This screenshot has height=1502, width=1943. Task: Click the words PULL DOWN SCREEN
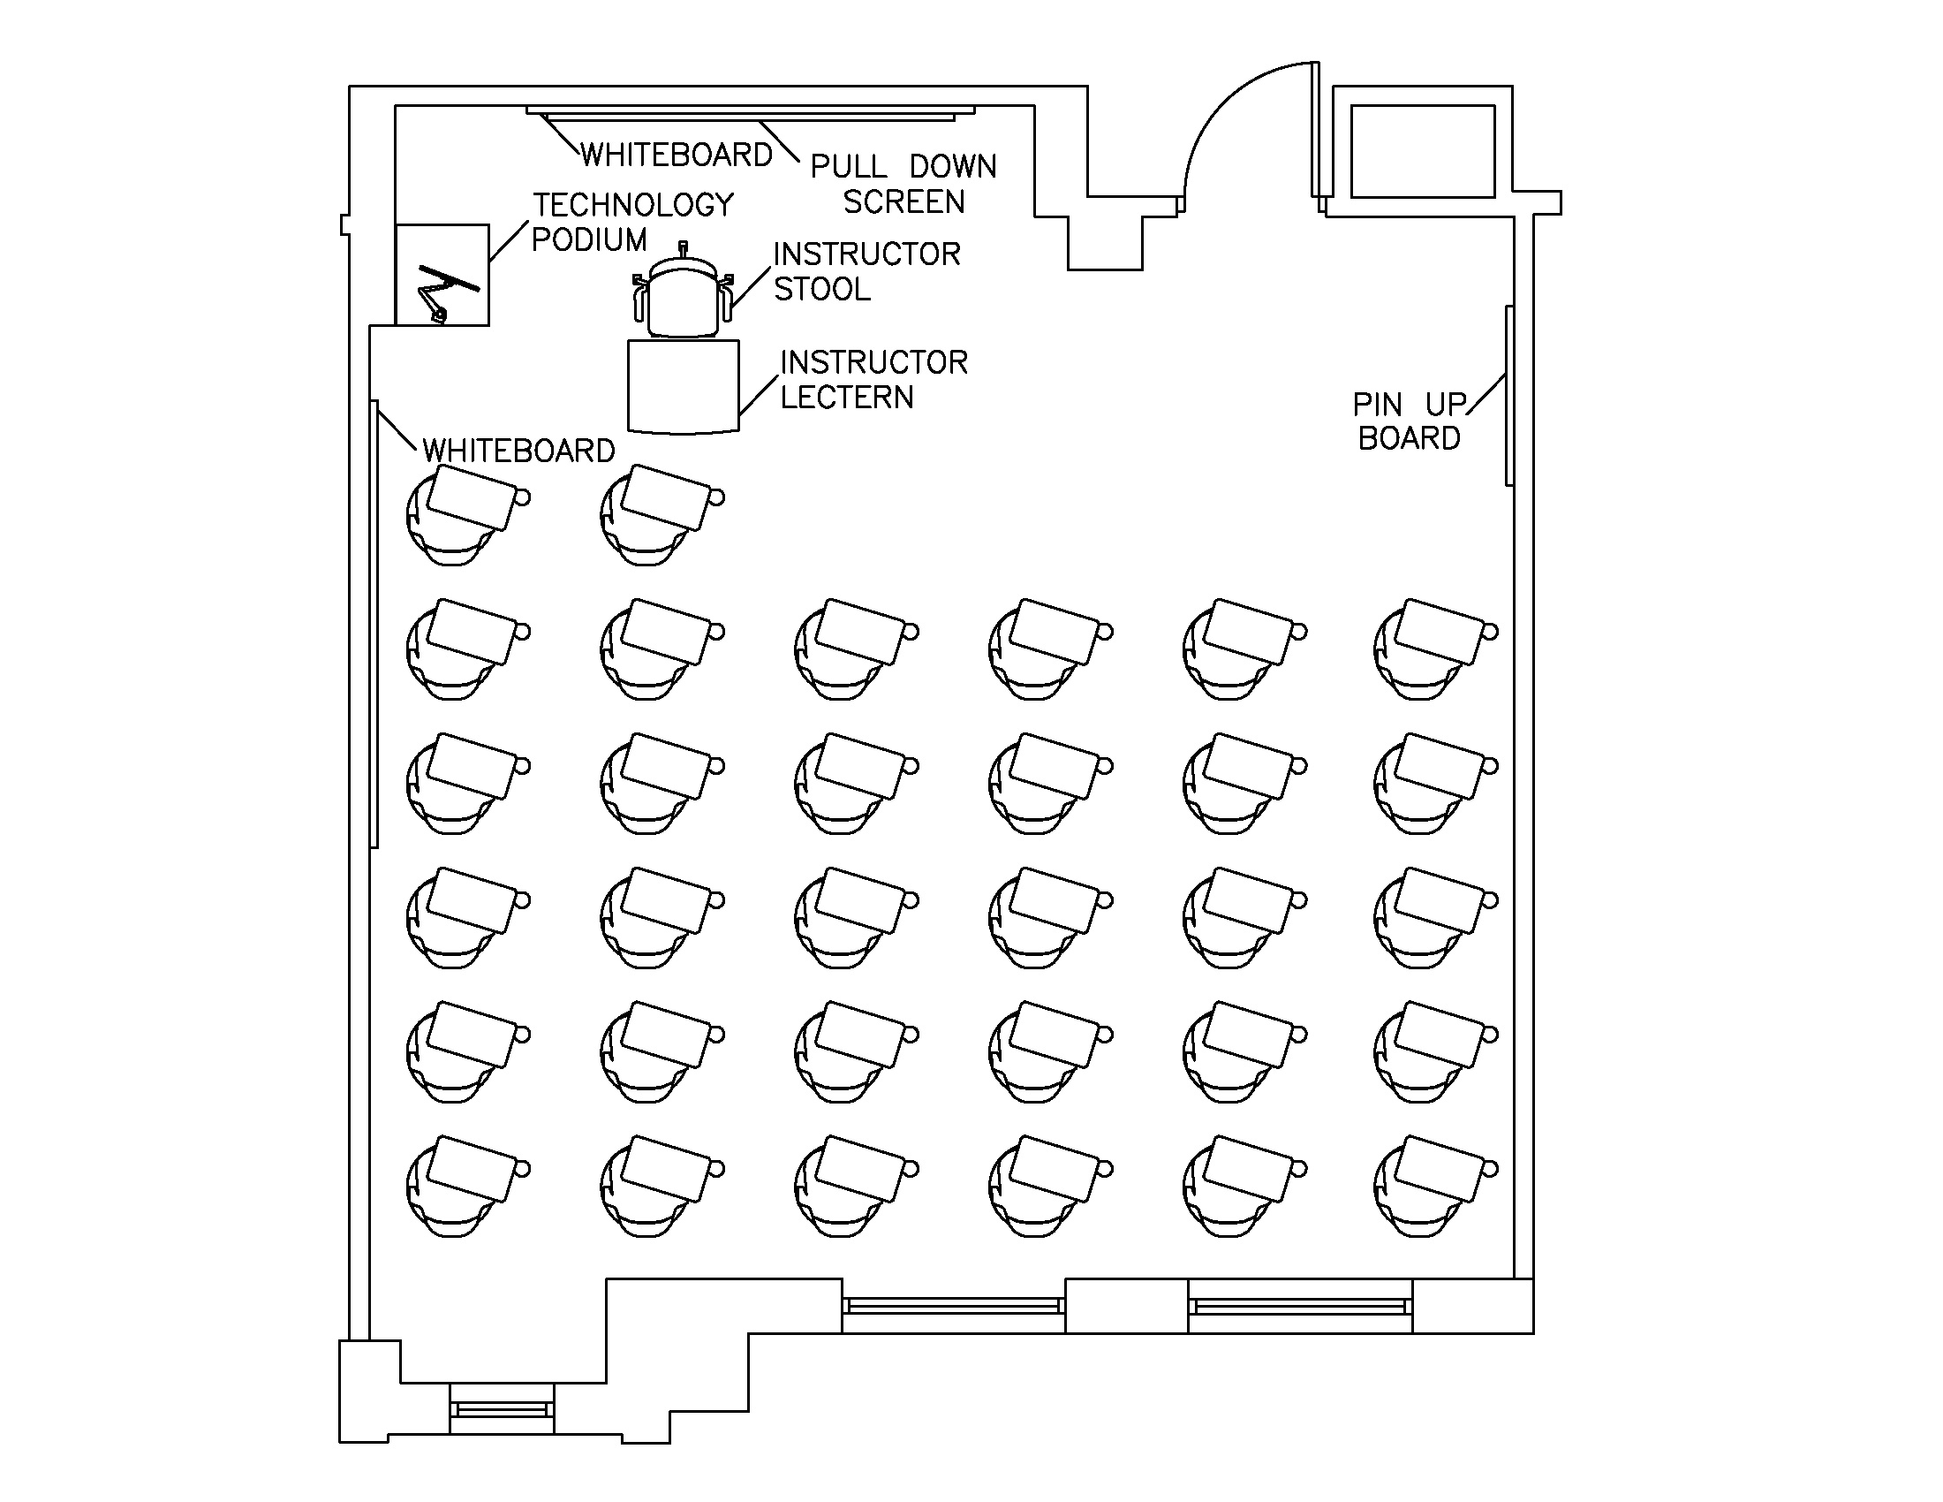(x=903, y=184)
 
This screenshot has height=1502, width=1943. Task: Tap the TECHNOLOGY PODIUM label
(x=632, y=223)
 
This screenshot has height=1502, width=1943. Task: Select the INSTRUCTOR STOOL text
(x=866, y=271)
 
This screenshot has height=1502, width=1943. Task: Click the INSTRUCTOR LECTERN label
(x=873, y=380)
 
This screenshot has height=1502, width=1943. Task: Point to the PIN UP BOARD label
(x=1409, y=421)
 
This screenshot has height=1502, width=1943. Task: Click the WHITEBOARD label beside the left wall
(x=518, y=451)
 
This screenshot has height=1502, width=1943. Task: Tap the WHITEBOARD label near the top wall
(x=677, y=156)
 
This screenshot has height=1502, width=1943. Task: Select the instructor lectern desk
(x=684, y=386)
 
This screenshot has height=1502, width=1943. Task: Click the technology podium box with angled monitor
(x=442, y=275)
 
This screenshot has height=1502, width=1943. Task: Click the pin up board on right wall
(x=1508, y=396)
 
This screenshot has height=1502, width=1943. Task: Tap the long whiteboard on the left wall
(x=374, y=623)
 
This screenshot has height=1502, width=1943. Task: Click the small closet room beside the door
(x=1422, y=151)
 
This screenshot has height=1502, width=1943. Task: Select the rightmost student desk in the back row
(x=1434, y=1185)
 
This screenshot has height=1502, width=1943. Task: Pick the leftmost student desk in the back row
(x=466, y=1185)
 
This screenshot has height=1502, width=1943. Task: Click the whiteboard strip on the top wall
(x=750, y=114)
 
